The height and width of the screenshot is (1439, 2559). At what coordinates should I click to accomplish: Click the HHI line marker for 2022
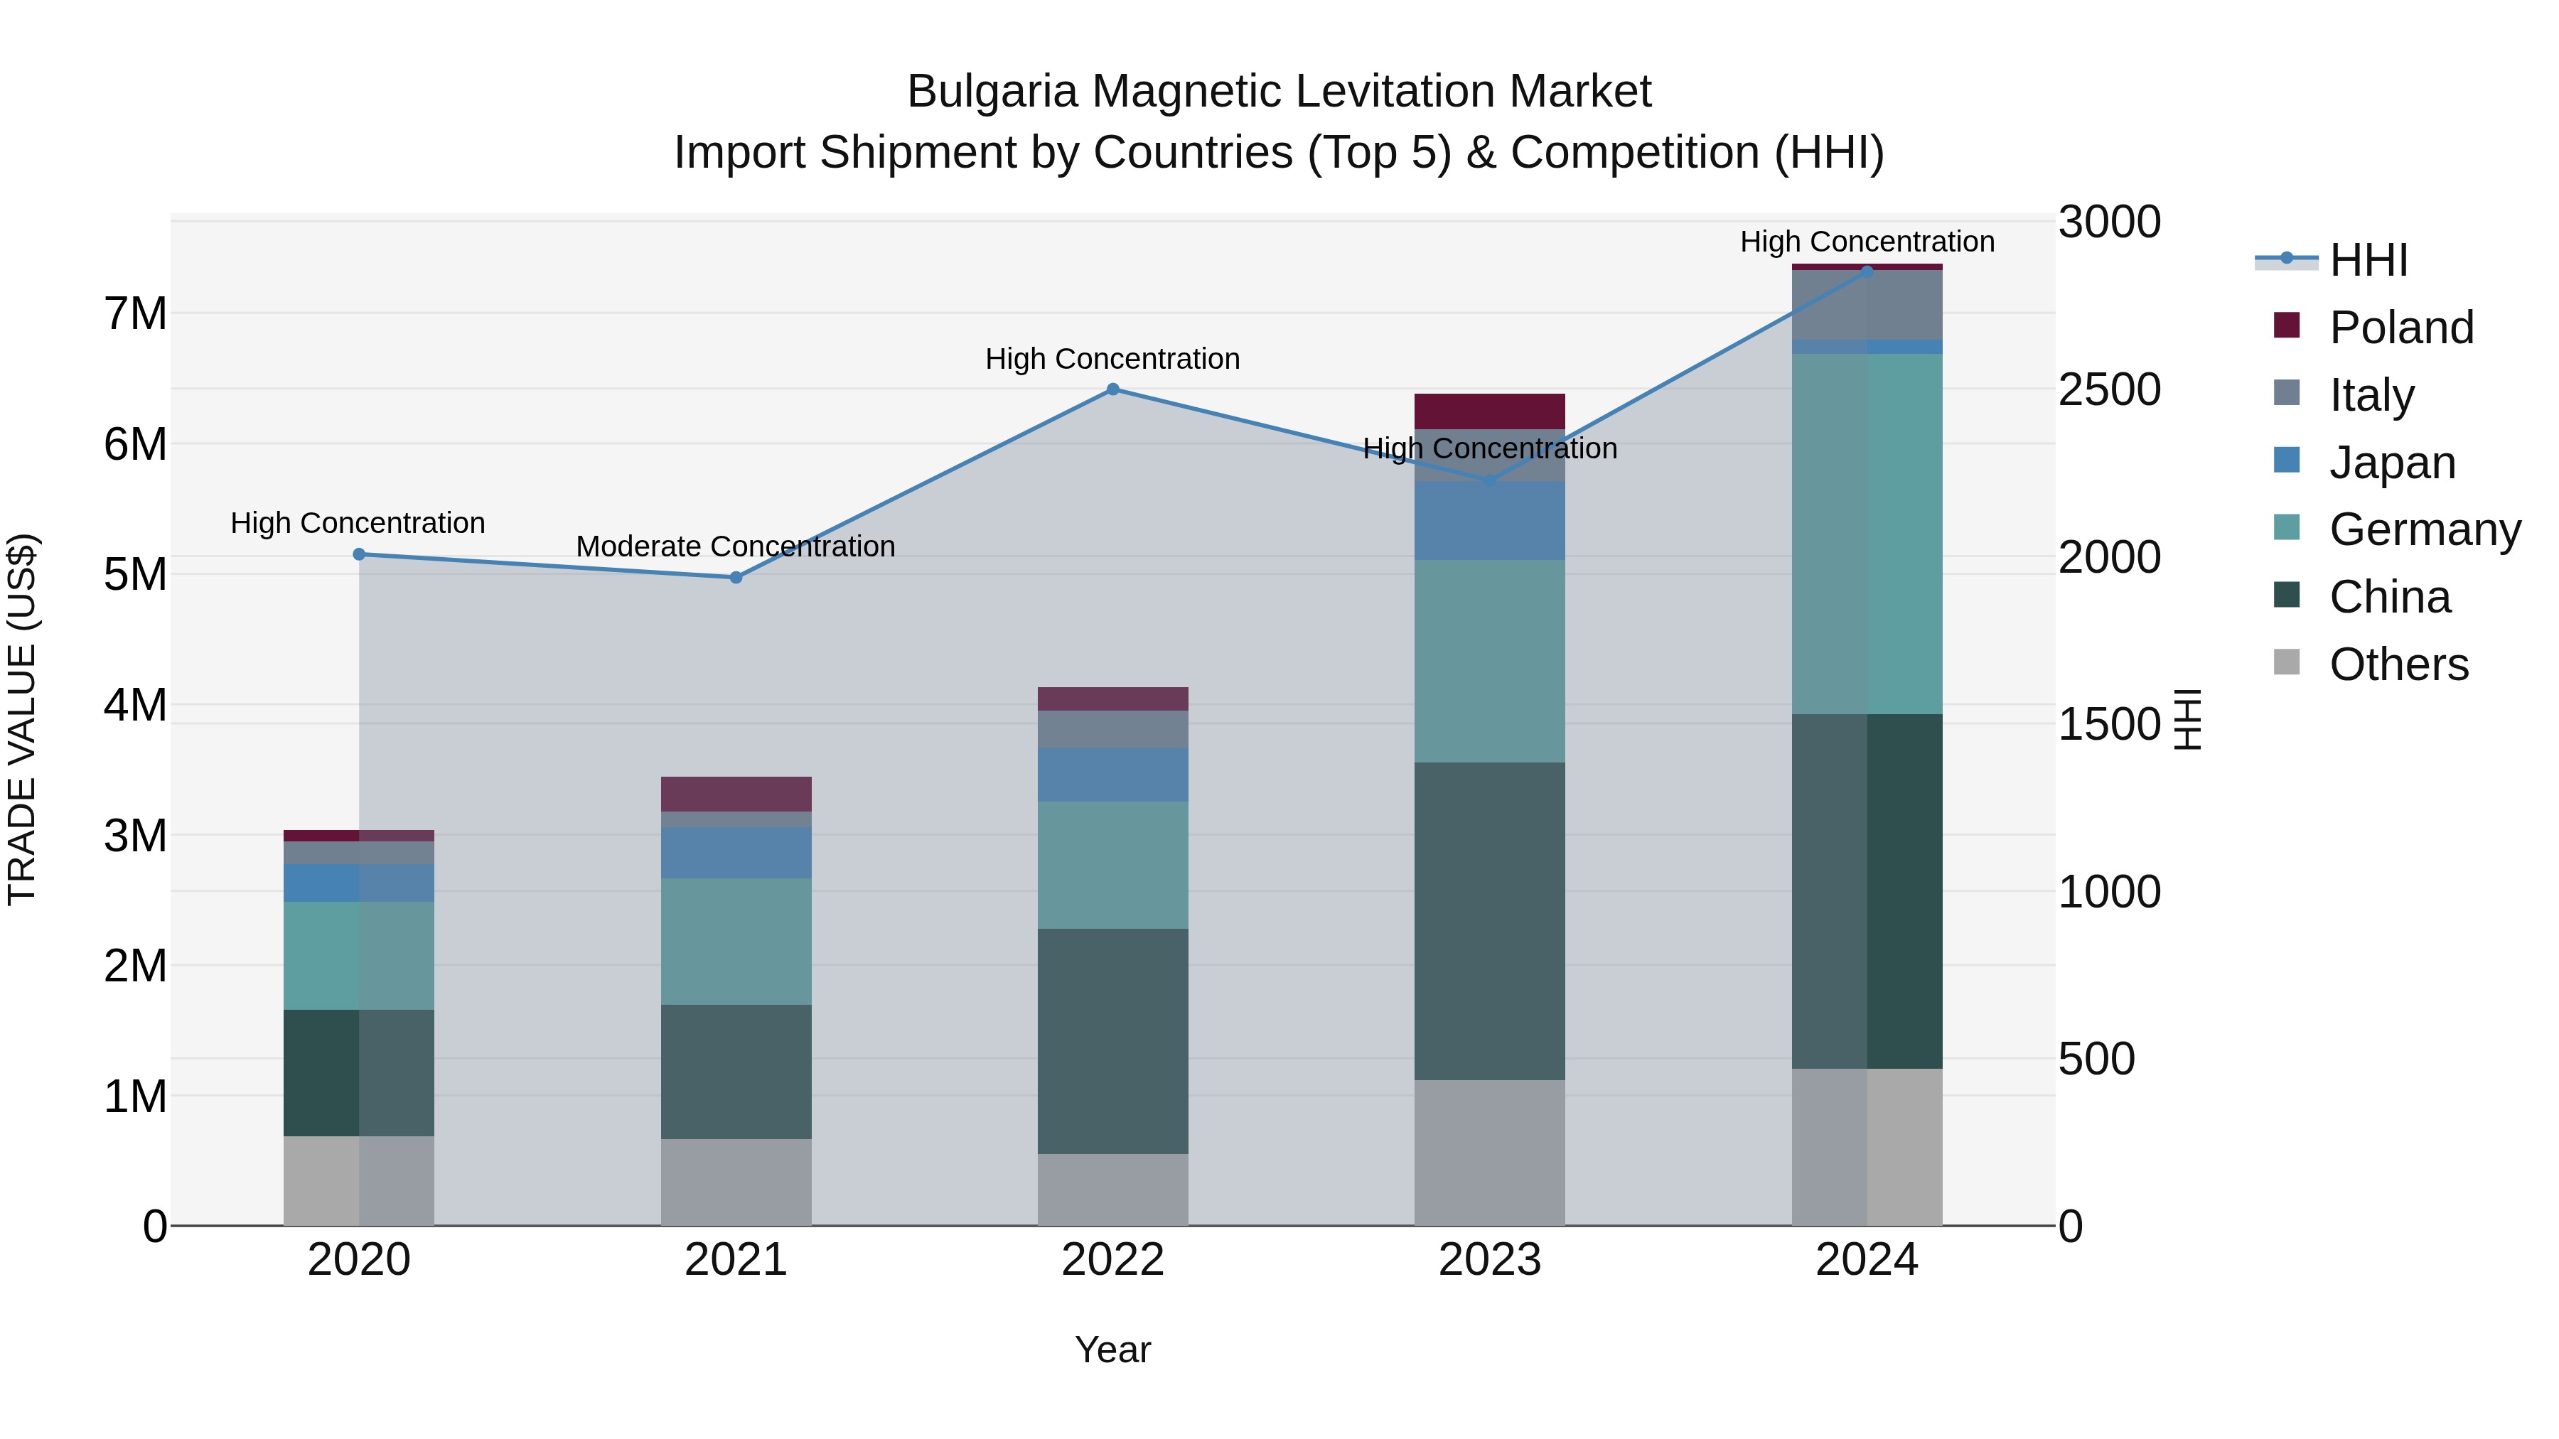1112,389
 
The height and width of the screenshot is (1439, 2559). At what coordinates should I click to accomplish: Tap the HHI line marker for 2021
736,577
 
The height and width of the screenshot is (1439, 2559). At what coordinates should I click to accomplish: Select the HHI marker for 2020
360,554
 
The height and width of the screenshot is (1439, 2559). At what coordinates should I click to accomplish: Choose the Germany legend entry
2424,529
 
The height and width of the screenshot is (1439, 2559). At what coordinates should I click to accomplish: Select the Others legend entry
2398,664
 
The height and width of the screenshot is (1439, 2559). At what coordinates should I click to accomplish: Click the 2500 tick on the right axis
2109,389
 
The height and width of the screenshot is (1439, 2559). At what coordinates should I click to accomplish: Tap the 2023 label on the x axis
1489,1260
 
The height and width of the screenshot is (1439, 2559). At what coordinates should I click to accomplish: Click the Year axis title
1112,1349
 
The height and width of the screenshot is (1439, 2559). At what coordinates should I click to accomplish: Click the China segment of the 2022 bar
1112,1041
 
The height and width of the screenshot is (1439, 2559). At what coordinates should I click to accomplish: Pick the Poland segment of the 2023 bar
1489,411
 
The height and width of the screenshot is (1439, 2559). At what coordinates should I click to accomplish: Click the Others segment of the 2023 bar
1489,1152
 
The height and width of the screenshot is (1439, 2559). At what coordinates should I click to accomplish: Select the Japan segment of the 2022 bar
1112,775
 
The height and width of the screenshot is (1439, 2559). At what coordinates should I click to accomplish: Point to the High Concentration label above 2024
1867,242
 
